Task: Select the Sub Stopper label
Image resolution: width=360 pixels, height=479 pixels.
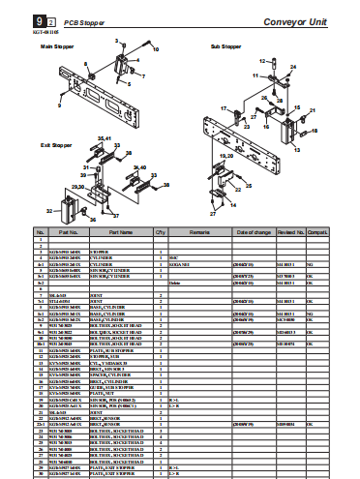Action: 225,46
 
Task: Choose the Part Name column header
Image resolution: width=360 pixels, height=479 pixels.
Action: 120,233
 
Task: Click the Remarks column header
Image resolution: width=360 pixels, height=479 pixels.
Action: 200,233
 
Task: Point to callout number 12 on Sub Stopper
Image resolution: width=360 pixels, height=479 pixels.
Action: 257,75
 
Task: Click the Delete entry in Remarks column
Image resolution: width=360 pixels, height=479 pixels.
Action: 175,282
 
